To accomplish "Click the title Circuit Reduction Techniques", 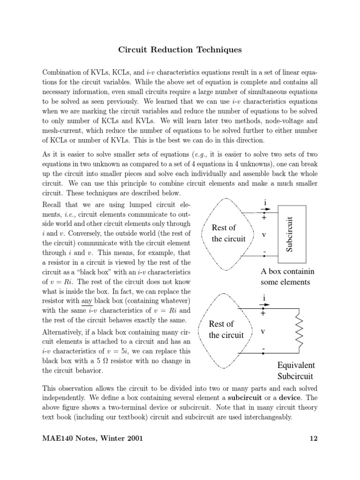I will (x=180, y=50).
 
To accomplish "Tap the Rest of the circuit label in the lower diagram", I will (x=226, y=329).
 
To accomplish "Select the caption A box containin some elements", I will (x=287, y=277).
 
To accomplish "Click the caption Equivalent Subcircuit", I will (x=296, y=370).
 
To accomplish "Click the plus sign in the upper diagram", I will (x=264, y=217).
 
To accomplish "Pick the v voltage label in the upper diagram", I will (x=264, y=234).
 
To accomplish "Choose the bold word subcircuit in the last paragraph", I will (x=246, y=397).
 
